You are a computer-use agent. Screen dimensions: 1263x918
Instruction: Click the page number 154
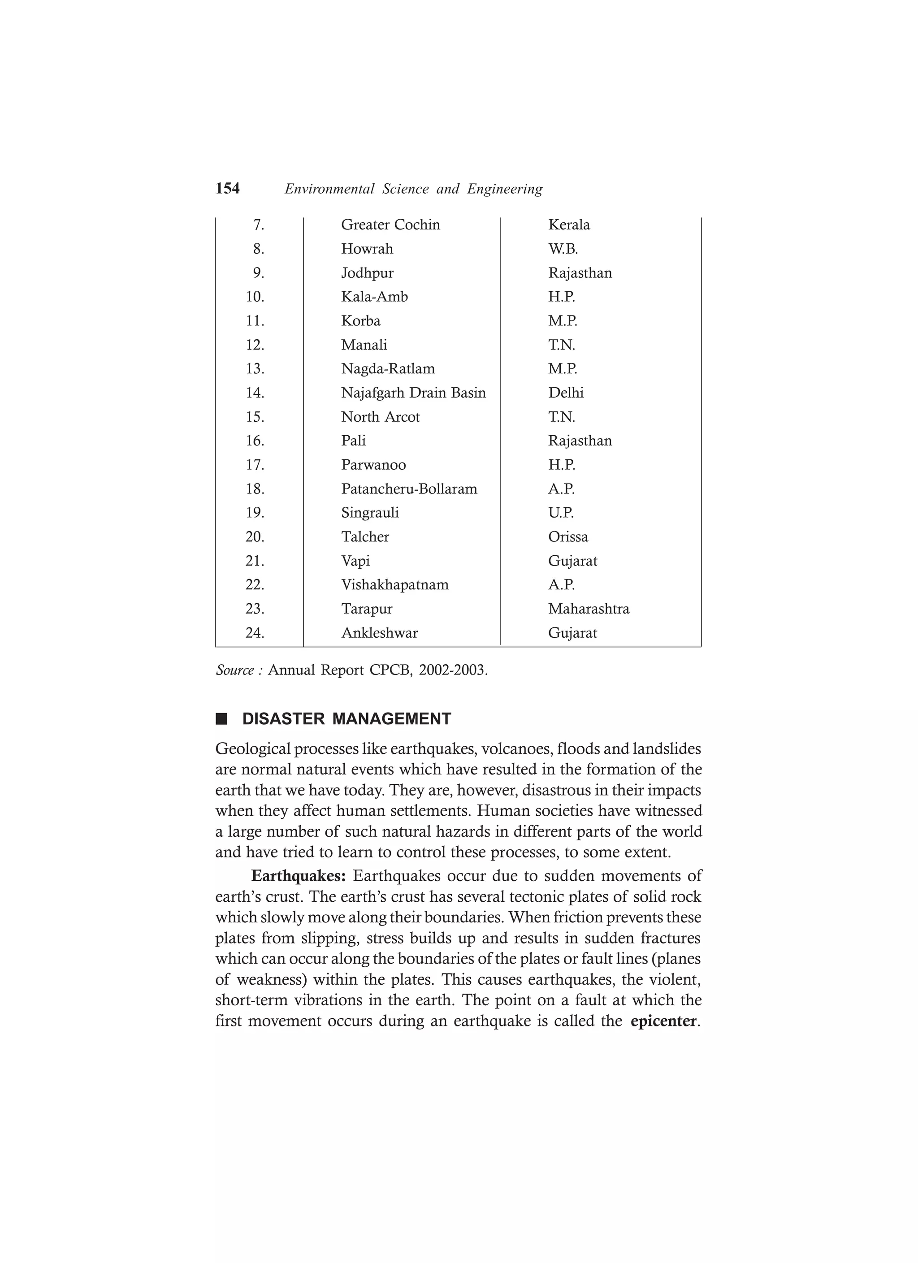227,189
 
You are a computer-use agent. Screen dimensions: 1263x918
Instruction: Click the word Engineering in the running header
505,189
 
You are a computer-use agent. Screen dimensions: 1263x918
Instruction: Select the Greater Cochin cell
390,225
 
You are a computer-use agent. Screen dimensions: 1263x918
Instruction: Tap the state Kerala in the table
569,225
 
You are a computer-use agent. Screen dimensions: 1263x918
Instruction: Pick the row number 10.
255,297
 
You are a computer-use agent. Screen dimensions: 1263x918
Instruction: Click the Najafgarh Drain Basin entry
413,393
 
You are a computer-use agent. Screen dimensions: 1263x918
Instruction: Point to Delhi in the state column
566,393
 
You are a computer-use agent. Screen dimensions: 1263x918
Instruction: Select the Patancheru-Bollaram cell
409,489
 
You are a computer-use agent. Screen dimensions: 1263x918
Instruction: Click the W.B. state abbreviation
563,249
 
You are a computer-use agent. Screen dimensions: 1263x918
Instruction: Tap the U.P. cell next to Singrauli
561,513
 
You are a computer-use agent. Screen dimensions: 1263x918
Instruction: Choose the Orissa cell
567,537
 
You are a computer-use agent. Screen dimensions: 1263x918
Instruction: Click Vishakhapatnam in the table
394,585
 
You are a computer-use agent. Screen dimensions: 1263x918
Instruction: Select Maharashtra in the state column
588,609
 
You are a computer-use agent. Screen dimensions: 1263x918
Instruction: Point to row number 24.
255,633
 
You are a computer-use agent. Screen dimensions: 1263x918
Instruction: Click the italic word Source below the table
234,670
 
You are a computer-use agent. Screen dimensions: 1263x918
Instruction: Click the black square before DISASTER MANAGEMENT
222,719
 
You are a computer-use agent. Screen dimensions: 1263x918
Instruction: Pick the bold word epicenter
663,1021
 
